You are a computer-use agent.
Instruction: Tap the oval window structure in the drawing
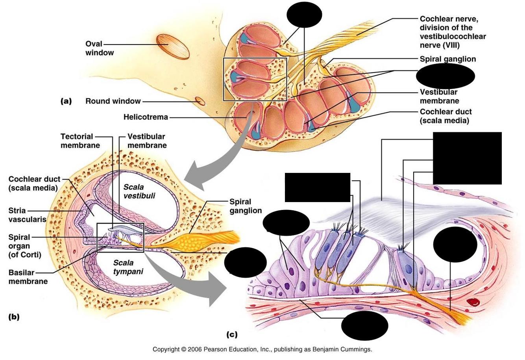tap(173, 46)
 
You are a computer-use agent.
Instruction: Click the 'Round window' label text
tap(113, 101)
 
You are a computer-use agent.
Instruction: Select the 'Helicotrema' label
tap(146, 117)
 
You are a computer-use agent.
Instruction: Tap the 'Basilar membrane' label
tap(28, 277)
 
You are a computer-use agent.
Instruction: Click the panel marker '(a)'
tap(66, 101)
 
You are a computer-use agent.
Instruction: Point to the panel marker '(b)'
tap(14, 317)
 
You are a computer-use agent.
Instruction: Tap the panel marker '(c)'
tap(232, 334)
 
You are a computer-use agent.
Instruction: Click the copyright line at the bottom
tap(262, 349)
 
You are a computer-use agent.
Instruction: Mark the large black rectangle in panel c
tap(467, 158)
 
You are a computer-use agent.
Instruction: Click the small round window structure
tap(200, 101)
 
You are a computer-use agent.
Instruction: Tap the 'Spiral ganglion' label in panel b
tap(246, 206)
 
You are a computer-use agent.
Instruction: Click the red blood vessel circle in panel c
tap(474, 303)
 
